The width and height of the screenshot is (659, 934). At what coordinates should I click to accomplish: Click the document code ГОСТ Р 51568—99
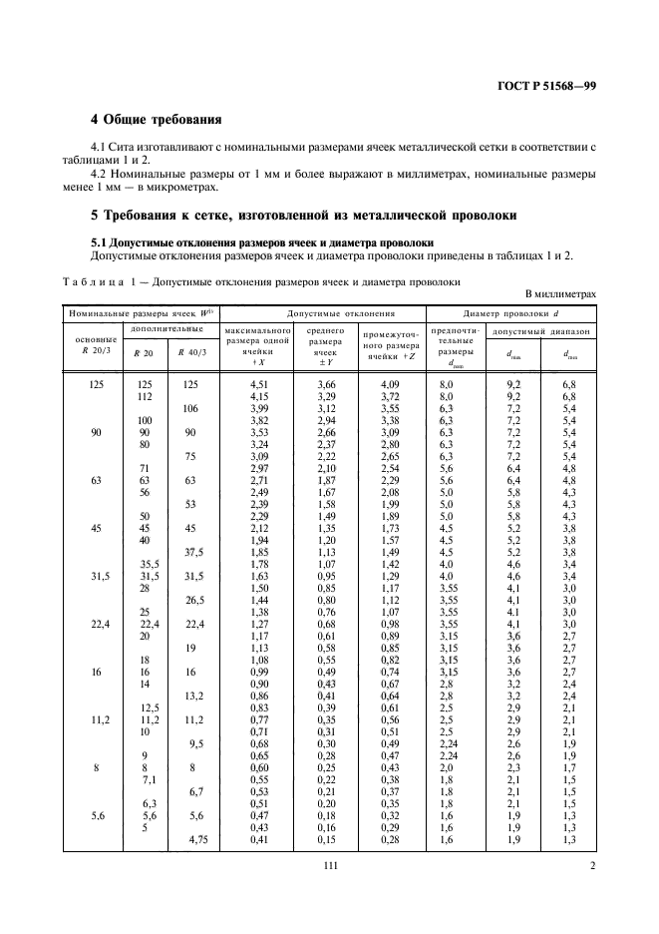[546, 87]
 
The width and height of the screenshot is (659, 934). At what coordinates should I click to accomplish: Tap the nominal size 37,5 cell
[192, 552]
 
